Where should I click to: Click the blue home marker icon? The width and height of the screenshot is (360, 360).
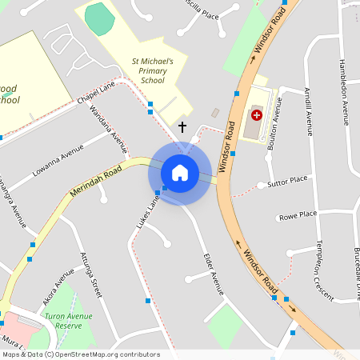(180, 173)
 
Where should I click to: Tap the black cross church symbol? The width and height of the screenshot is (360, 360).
(182, 126)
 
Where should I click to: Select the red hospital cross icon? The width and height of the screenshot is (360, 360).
(256, 115)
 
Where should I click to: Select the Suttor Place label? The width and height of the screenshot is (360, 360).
(288, 182)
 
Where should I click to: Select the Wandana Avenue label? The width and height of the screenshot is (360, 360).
(110, 130)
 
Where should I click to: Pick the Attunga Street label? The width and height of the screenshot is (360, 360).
(91, 274)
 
